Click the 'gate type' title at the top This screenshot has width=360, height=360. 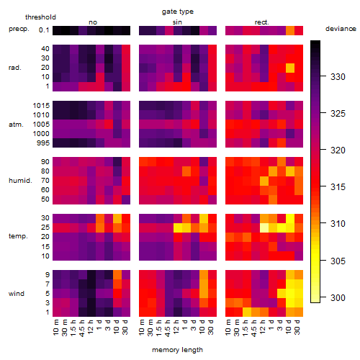(x=178, y=12)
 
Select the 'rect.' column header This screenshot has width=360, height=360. (x=262, y=22)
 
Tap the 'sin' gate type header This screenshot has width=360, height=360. (x=177, y=22)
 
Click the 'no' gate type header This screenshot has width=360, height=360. (x=93, y=22)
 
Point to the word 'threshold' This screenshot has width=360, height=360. (x=40, y=17)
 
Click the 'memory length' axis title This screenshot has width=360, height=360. (x=177, y=350)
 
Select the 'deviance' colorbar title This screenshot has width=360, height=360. (x=341, y=29)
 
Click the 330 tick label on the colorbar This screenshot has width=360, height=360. (x=338, y=77)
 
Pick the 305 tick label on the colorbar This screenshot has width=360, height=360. (x=338, y=261)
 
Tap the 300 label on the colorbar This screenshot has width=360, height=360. (x=338, y=298)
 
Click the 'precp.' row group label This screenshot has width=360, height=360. (x=19, y=29)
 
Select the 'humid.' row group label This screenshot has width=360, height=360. (x=20, y=181)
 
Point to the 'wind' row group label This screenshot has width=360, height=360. (x=17, y=294)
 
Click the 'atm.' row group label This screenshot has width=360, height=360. (x=16, y=125)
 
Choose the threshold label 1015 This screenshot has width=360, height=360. (x=41, y=106)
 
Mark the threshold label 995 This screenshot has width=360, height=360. (x=43, y=143)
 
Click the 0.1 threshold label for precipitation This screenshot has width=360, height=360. (x=44, y=30)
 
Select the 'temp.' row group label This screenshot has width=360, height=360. (x=18, y=236)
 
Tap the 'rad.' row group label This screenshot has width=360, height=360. (x=15, y=68)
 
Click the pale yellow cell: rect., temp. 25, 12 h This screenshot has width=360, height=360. (x=264, y=228)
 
